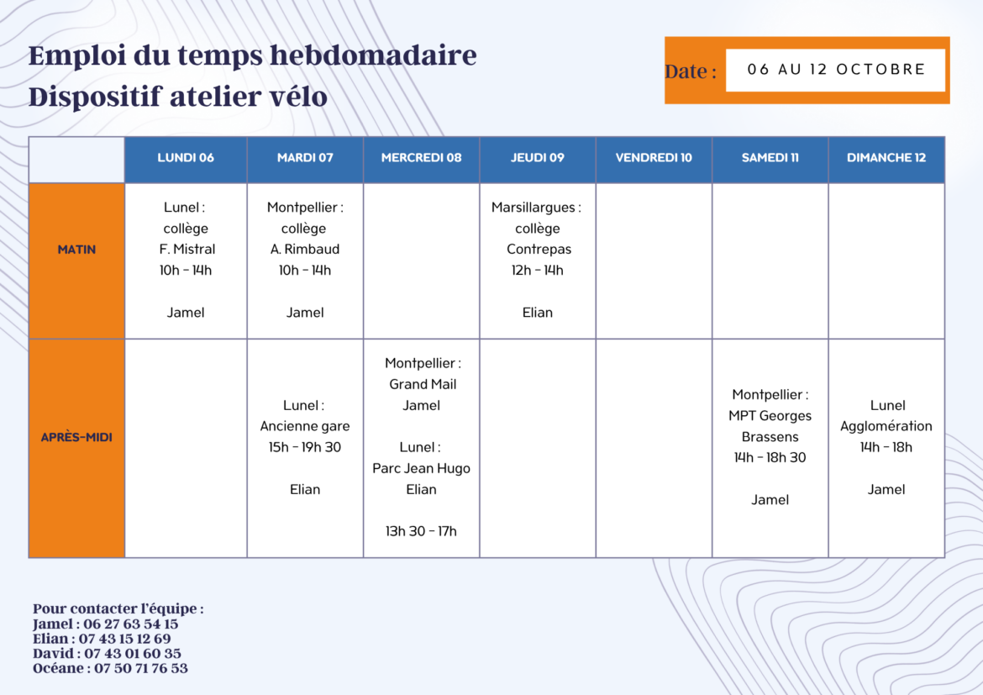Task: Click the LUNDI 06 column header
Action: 186,158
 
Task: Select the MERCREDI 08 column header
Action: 421,158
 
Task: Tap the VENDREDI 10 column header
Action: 654,158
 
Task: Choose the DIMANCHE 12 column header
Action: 886,158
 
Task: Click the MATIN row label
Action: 76,250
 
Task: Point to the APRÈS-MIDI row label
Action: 76,437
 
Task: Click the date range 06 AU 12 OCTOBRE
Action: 836,69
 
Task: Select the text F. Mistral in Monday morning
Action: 187,249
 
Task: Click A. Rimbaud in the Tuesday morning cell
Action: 305,249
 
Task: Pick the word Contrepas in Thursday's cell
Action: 539,250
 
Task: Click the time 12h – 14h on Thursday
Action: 537,271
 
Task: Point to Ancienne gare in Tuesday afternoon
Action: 305,427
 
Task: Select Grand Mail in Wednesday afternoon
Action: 423,384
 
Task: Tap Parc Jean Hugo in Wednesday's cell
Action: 421,469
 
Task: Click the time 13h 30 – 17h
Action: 421,531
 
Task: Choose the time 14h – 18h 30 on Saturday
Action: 770,458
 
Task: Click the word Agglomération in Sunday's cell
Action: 886,427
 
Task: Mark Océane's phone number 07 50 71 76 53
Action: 141,669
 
